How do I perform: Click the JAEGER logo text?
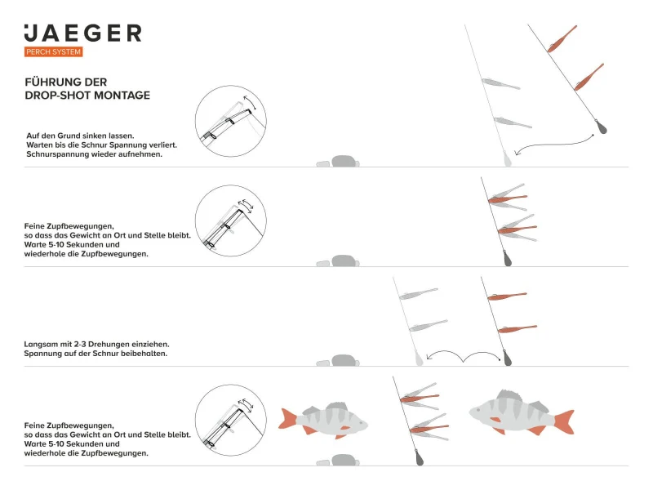pyautogui.click(x=82, y=33)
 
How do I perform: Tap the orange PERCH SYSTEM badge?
pyautogui.click(x=54, y=52)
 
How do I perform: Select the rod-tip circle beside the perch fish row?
pyautogui.click(x=231, y=420)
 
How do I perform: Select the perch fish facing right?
pyautogui.click(x=324, y=421)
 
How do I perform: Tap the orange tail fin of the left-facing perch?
pyautogui.click(x=562, y=421)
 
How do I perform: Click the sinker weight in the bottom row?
pyautogui.click(x=415, y=457)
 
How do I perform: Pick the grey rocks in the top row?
pyautogui.click(x=337, y=161)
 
